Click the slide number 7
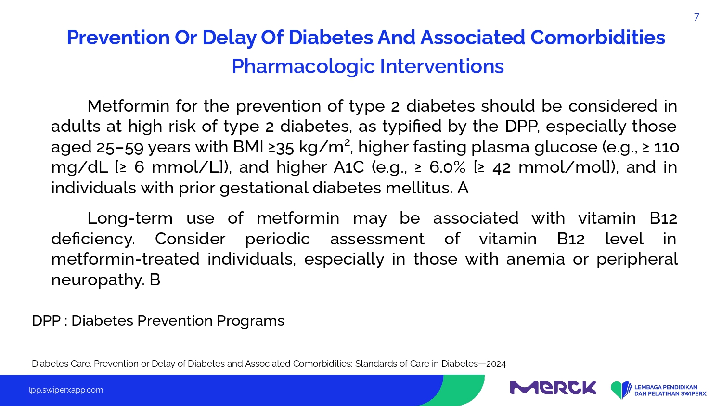coord(696,17)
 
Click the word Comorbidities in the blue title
coord(598,38)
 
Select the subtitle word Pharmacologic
coord(303,66)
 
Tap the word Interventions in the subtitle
coord(442,66)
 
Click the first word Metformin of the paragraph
coord(129,106)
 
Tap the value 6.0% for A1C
coord(447,167)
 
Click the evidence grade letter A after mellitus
coord(463,188)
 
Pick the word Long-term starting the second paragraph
coord(130,218)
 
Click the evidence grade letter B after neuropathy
coord(155,279)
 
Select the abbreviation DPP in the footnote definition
coord(46,320)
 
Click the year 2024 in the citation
coord(496,364)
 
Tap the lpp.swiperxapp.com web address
coord(66,390)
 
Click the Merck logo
coord(553,388)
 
